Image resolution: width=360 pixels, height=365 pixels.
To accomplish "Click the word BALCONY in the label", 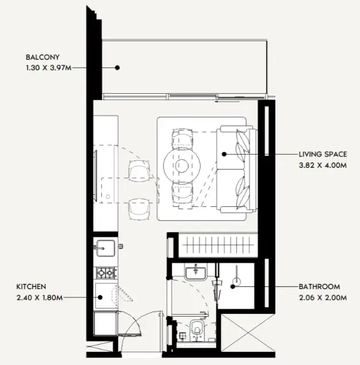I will click(42, 57).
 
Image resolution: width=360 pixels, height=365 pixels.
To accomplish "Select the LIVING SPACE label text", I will click(322, 155).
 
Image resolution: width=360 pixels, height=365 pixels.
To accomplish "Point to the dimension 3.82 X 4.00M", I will click(323, 165).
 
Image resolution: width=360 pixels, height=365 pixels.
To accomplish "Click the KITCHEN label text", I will click(32, 286).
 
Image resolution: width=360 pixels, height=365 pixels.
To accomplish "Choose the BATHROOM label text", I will click(319, 286).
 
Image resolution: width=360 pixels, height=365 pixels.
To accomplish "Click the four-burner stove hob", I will click(106, 272).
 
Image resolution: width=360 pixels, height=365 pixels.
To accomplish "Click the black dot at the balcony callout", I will click(117, 67).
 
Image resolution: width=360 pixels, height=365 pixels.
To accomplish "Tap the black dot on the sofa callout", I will click(224, 154).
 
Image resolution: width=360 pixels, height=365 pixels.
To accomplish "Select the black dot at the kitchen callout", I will click(99, 297).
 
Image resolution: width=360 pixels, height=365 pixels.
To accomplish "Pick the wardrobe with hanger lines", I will click(216, 244).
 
